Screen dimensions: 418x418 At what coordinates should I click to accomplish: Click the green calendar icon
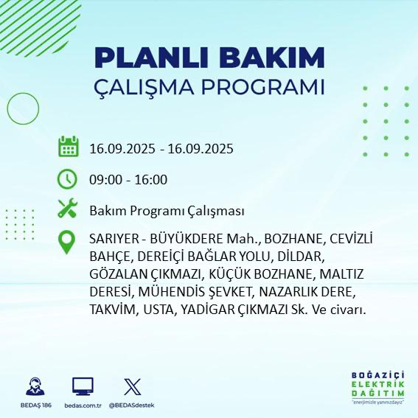[x=68, y=147]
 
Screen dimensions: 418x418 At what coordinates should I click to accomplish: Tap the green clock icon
[x=68, y=179]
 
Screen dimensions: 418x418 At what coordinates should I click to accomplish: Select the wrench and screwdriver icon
[x=68, y=210]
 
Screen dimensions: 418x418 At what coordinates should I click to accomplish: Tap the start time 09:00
[x=104, y=179]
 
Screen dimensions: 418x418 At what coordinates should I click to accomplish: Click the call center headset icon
[x=33, y=386]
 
